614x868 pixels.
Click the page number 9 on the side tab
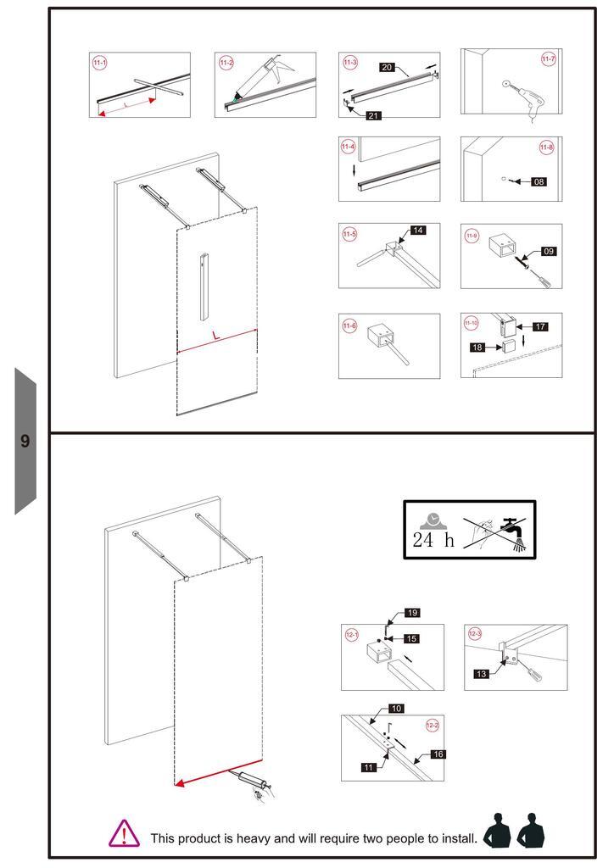(25, 441)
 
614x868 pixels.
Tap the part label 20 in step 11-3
(387, 67)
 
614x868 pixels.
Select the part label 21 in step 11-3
(373, 115)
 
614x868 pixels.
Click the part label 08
(539, 181)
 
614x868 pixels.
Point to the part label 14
(418, 230)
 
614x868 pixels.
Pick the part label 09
(548, 251)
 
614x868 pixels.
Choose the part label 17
(540, 326)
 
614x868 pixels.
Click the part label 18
(477, 347)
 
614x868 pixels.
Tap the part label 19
(412, 612)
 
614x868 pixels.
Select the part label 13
(481, 674)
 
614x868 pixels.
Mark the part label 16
(438, 754)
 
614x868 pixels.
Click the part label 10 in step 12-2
(396, 708)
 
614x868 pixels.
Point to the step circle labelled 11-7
(548, 58)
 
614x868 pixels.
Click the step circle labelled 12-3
(474, 633)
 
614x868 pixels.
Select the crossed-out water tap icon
(514, 533)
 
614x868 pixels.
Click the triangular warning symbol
(124, 832)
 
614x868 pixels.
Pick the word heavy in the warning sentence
(253, 838)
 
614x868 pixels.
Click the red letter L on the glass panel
(215, 336)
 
